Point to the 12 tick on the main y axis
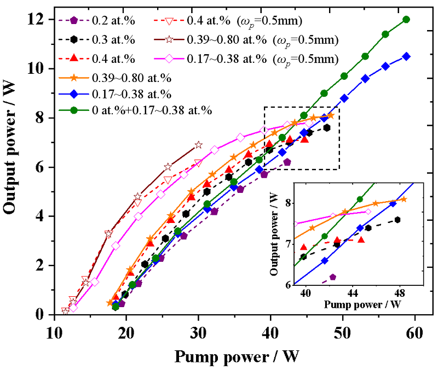[44, 20]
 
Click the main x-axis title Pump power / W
[237, 356]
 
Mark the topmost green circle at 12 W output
[406, 19]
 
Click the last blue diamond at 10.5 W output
[406, 56]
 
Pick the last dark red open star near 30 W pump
[198, 145]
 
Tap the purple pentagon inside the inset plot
[333, 277]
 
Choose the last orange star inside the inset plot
[404, 199]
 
